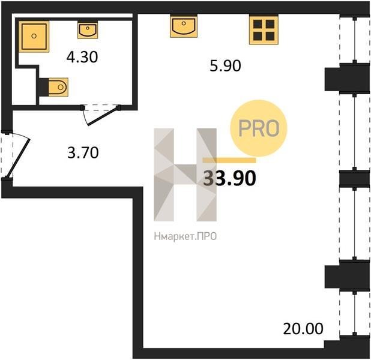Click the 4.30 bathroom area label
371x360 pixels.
(x=82, y=57)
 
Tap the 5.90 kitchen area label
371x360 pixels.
(x=225, y=66)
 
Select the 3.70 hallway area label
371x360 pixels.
(x=83, y=152)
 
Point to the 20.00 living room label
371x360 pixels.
(x=303, y=329)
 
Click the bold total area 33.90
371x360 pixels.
(x=229, y=178)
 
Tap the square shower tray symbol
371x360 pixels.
(x=34, y=37)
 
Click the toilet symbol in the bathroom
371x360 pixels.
(x=58, y=87)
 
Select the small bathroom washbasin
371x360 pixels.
(x=88, y=30)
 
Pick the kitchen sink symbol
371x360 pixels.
(x=184, y=26)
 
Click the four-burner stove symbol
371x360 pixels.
(x=264, y=30)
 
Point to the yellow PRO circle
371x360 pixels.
(x=259, y=128)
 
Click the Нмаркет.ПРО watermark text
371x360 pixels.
(x=185, y=236)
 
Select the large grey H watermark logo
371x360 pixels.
(x=185, y=175)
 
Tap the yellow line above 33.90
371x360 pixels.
(x=229, y=160)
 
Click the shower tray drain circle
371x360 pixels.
(x=34, y=36)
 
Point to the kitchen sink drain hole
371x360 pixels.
(x=184, y=23)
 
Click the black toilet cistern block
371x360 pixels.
(x=44, y=87)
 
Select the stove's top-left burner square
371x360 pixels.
(x=258, y=24)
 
